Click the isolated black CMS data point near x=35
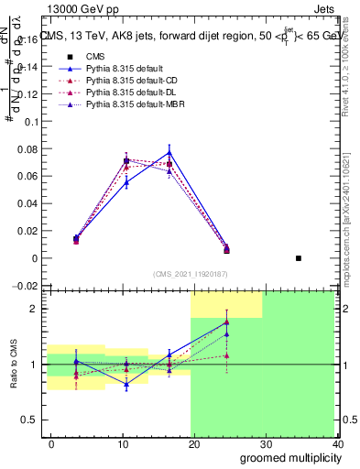point(299,258)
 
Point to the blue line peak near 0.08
point(169,152)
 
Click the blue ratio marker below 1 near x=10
point(126,384)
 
